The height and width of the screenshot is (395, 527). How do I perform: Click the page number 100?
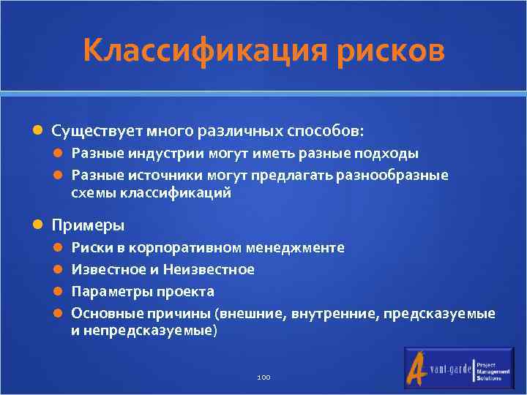[x=263, y=377]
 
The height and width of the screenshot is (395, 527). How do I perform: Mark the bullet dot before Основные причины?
[x=61, y=314]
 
